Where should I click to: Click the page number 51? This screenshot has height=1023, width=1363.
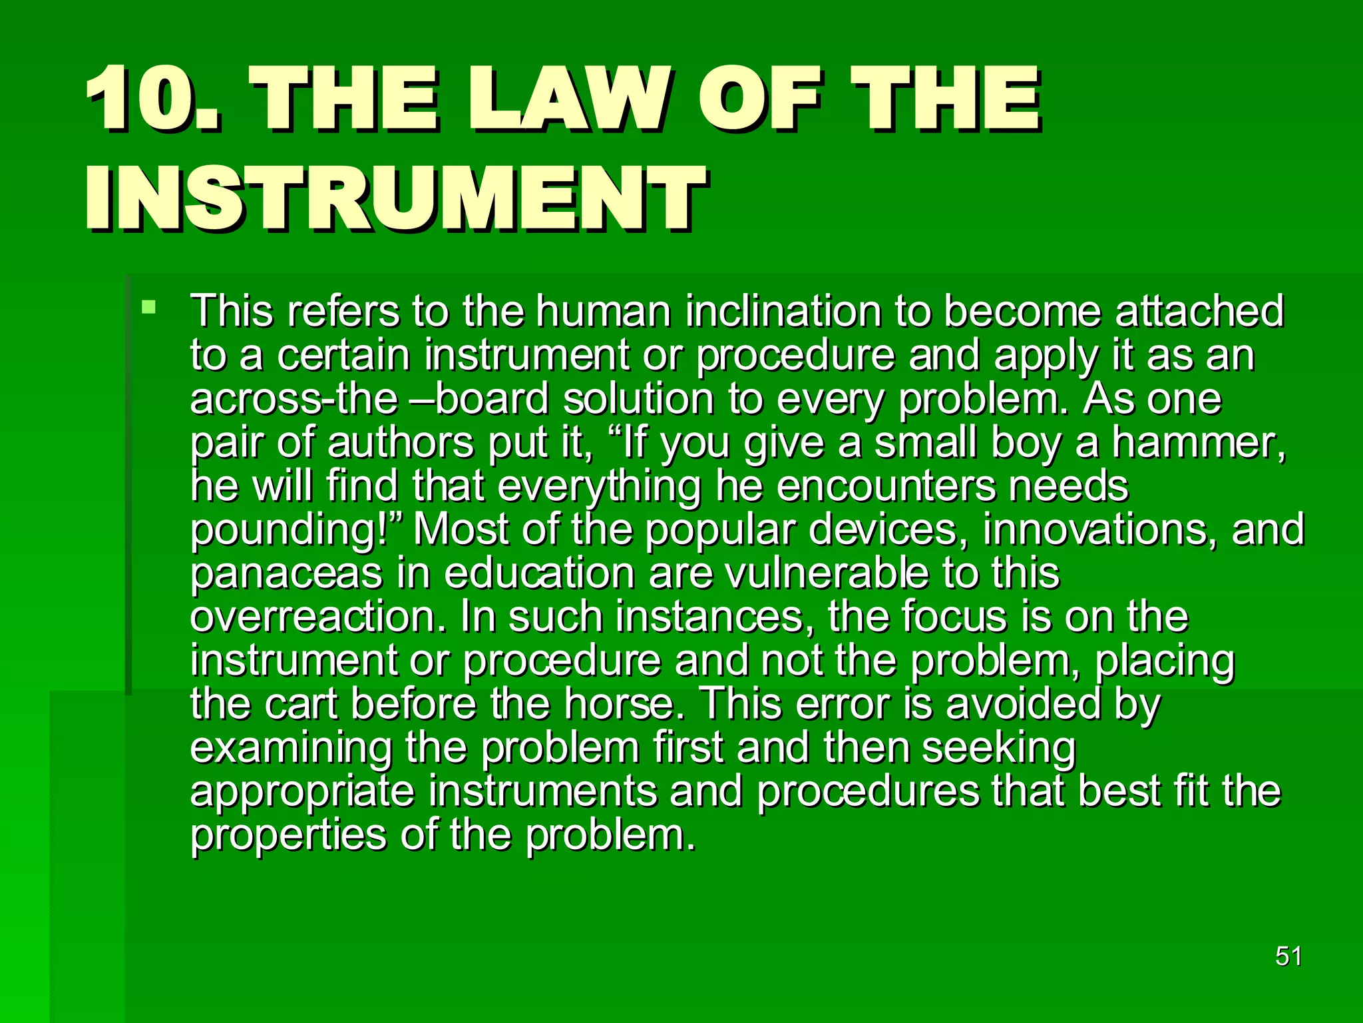[x=1288, y=956]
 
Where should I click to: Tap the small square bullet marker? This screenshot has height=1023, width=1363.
[x=148, y=308]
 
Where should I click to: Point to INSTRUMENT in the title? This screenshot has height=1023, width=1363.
[x=395, y=198]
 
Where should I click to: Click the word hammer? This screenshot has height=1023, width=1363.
[x=1198, y=443]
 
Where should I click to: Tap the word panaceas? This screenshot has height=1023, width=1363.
[x=286, y=574]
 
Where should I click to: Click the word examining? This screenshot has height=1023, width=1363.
[x=290, y=748]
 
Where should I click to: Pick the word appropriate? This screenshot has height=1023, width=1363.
[x=302, y=793]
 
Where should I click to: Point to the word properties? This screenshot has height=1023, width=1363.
[x=288, y=835]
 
